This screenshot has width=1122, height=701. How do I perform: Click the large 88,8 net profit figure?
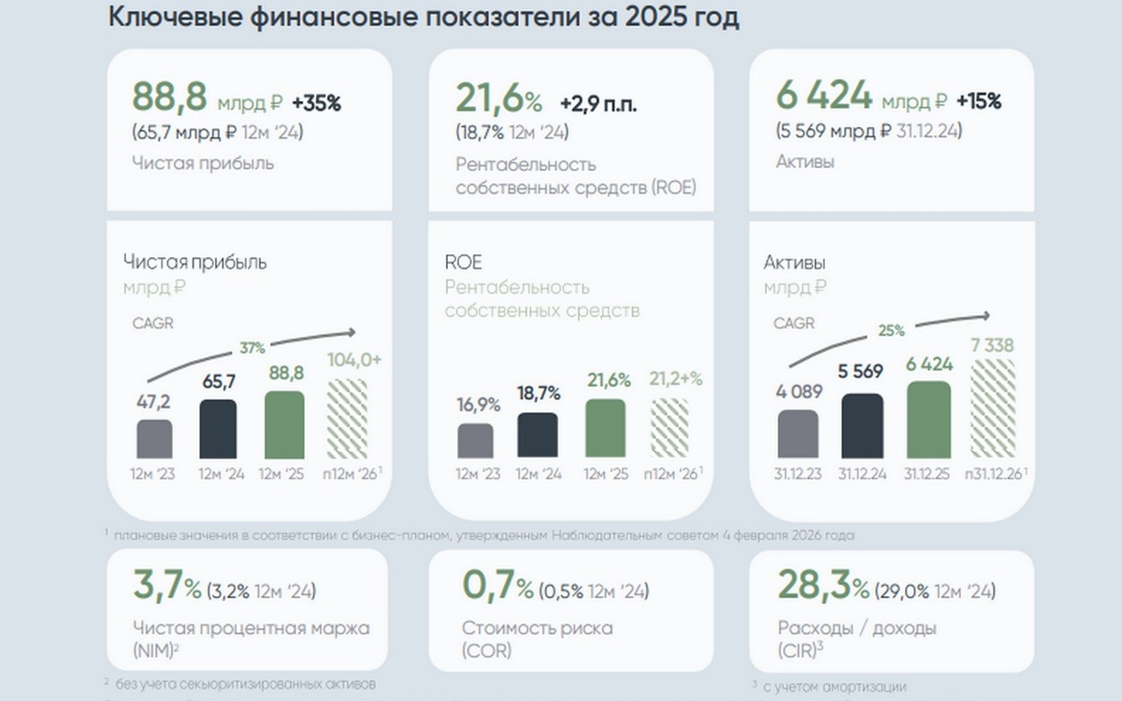tap(169, 97)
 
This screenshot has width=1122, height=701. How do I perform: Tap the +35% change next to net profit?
tap(316, 104)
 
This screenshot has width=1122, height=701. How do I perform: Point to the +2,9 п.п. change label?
tap(598, 104)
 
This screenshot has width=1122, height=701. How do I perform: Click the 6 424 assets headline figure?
tap(824, 96)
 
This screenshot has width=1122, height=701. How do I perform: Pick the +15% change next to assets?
tap(978, 102)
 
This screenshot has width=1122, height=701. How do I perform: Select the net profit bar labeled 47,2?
tap(154, 439)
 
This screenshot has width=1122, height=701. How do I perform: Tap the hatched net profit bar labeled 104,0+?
tap(347, 419)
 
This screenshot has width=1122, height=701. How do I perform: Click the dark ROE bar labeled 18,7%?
tap(538, 436)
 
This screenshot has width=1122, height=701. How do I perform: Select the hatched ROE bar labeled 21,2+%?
tap(669, 428)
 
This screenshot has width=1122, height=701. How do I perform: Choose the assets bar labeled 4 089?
tap(798, 434)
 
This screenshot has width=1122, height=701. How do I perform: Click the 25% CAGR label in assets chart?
tap(891, 330)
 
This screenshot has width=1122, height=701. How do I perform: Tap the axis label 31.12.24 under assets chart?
tap(862, 475)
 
